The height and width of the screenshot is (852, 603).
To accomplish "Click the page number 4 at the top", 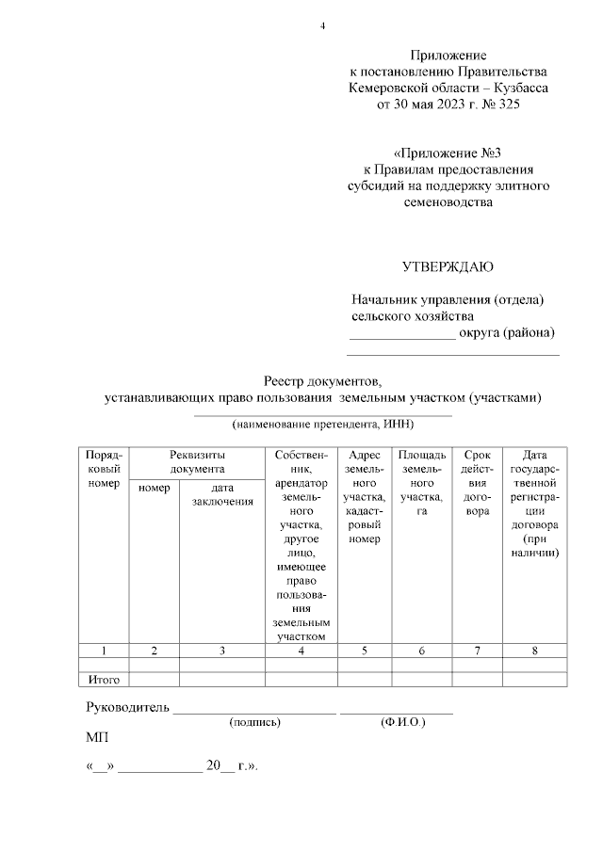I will [x=322, y=24].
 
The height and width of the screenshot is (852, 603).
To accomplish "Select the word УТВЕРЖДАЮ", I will [x=448, y=266].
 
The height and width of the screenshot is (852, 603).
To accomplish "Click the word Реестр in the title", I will [x=286, y=381].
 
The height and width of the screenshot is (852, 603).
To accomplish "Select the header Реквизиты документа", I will [x=197, y=460].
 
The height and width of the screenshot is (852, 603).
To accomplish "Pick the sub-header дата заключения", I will [x=222, y=494].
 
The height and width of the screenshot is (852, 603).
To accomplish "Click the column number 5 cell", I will [x=363, y=651].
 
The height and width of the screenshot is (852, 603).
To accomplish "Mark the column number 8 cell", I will [x=534, y=651].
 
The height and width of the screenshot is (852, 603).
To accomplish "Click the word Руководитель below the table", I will [x=127, y=708].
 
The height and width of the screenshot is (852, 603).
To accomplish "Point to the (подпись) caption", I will [x=255, y=723].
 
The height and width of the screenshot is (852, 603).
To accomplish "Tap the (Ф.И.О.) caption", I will [x=403, y=723].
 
